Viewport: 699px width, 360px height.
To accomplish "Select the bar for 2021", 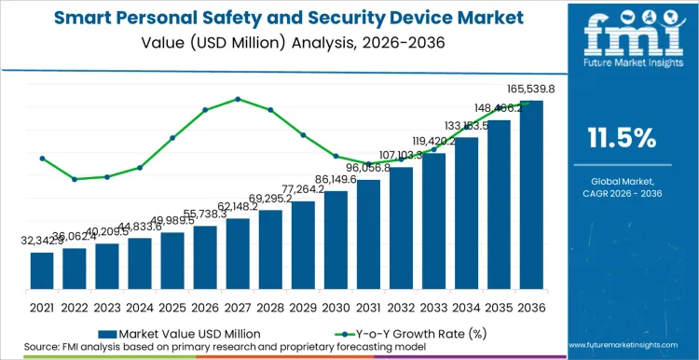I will click(42, 270).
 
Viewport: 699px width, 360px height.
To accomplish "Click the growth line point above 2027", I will click(238, 99).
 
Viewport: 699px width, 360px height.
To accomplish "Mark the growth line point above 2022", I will click(75, 179).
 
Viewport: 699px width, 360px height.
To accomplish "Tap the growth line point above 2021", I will click(42, 159).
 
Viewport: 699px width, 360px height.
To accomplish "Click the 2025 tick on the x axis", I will click(172, 306).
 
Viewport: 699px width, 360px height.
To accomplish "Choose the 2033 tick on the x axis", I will click(433, 306).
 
